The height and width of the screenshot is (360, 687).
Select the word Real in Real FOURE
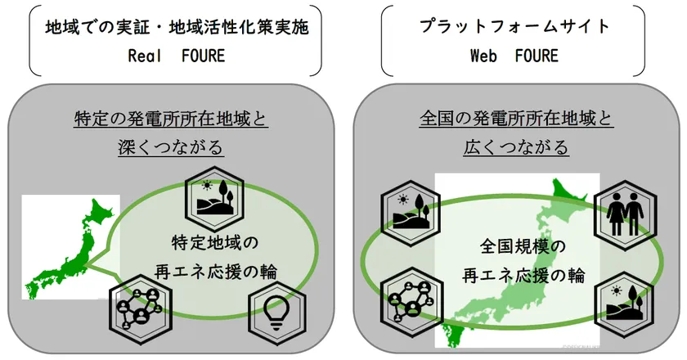tap(146, 56)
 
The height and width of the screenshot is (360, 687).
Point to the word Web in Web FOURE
tap(484, 56)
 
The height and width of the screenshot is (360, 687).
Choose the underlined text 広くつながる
tap(515, 148)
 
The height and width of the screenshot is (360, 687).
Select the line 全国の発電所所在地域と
tap(515, 119)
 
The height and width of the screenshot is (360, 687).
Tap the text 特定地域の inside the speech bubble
tap(214, 242)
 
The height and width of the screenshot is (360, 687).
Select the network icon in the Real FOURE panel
tap(136, 308)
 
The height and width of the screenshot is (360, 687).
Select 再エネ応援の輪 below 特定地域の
tap(214, 270)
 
